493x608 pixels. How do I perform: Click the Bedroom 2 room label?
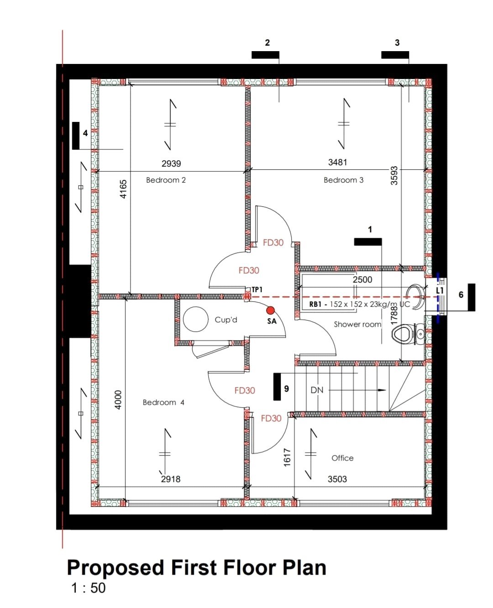pos(166,180)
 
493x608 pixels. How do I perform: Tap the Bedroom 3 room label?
pos(343,180)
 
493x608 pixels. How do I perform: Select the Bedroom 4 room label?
pos(163,403)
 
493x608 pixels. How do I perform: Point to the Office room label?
pos(342,458)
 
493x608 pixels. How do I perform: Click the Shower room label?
pos(357,325)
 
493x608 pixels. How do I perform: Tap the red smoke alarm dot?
pos(270,310)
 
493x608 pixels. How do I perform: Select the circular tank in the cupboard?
pos(196,319)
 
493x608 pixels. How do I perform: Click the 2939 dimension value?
pos(171,163)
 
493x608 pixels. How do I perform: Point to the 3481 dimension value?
pos(337,162)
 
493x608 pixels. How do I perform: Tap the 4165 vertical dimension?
pos(123,189)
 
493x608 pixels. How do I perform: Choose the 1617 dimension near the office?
pos(287,457)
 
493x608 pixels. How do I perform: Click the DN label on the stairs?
pos(317,390)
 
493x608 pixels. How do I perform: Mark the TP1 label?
pos(257,289)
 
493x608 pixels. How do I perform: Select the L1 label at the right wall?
pos(440,290)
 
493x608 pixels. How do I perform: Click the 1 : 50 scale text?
pos(88,588)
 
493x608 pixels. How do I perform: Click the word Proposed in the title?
pos(115,568)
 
